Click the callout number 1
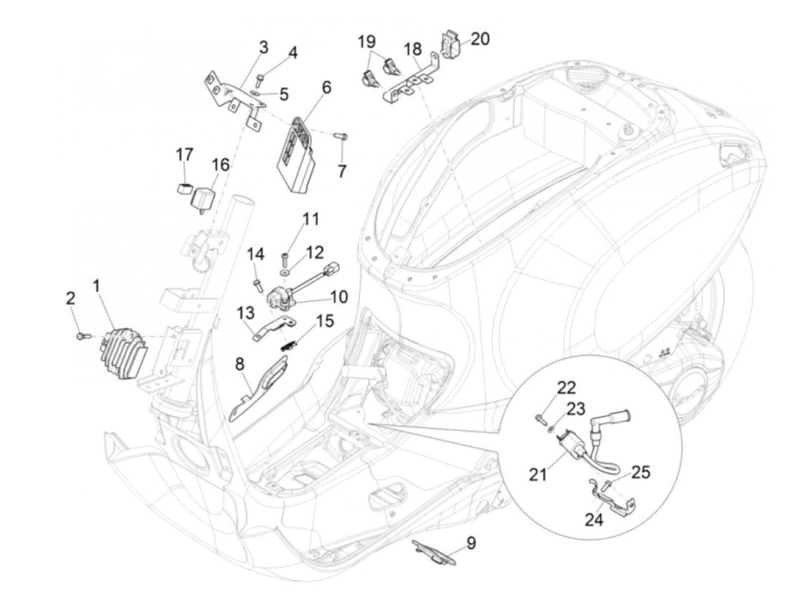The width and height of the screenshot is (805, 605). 97,285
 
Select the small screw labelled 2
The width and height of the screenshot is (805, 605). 80,335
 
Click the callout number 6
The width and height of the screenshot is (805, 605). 326,87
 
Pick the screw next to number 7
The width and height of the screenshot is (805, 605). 340,136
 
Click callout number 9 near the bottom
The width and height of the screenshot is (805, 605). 471,542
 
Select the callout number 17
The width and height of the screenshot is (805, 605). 184,155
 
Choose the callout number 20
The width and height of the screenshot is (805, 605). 480,39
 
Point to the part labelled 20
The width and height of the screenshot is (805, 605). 451,43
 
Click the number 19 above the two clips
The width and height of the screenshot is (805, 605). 367,41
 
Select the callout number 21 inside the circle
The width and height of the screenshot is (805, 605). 538,475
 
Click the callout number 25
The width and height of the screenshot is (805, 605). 641,472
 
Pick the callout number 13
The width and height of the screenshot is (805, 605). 245,313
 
